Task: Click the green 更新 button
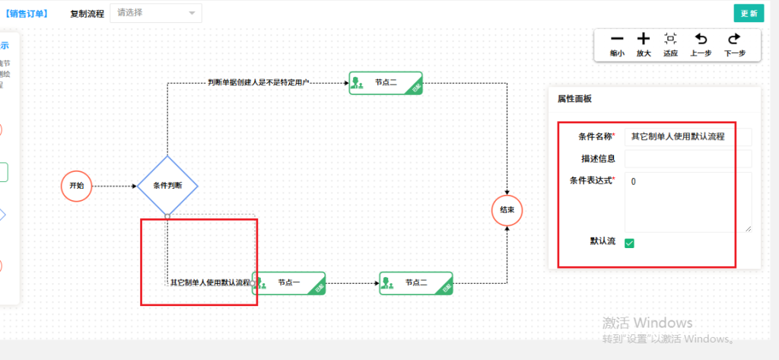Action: (x=749, y=13)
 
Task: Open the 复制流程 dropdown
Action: (x=156, y=13)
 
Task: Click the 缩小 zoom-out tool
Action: (x=617, y=44)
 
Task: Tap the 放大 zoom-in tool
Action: (x=644, y=44)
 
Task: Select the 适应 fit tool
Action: (x=670, y=44)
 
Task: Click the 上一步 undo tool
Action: (x=701, y=44)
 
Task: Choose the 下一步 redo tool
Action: (x=734, y=44)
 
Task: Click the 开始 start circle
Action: (x=77, y=186)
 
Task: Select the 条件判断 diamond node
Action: (x=167, y=186)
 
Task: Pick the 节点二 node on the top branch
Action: (x=386, y=82)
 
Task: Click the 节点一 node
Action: (x=288, y=283)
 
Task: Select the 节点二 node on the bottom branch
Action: (x=416, y=283)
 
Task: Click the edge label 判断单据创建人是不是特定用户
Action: (x=258, y=82)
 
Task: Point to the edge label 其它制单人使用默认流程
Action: (x=210, y=282)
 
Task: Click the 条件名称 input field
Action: (x=688, y=137)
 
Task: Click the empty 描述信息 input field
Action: (x=688, y=158)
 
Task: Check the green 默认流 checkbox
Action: (x=630, y=243)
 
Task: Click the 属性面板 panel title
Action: (x=574, y=99)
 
